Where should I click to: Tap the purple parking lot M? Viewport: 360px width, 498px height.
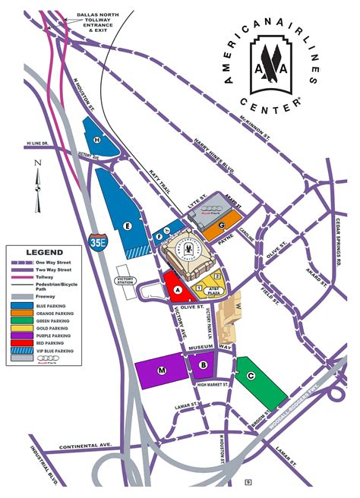click(162, 370)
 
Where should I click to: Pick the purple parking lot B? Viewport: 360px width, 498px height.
click(203, 365)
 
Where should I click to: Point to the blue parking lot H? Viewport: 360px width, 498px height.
click(99, 140)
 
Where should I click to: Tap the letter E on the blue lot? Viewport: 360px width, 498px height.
click(129, 226)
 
